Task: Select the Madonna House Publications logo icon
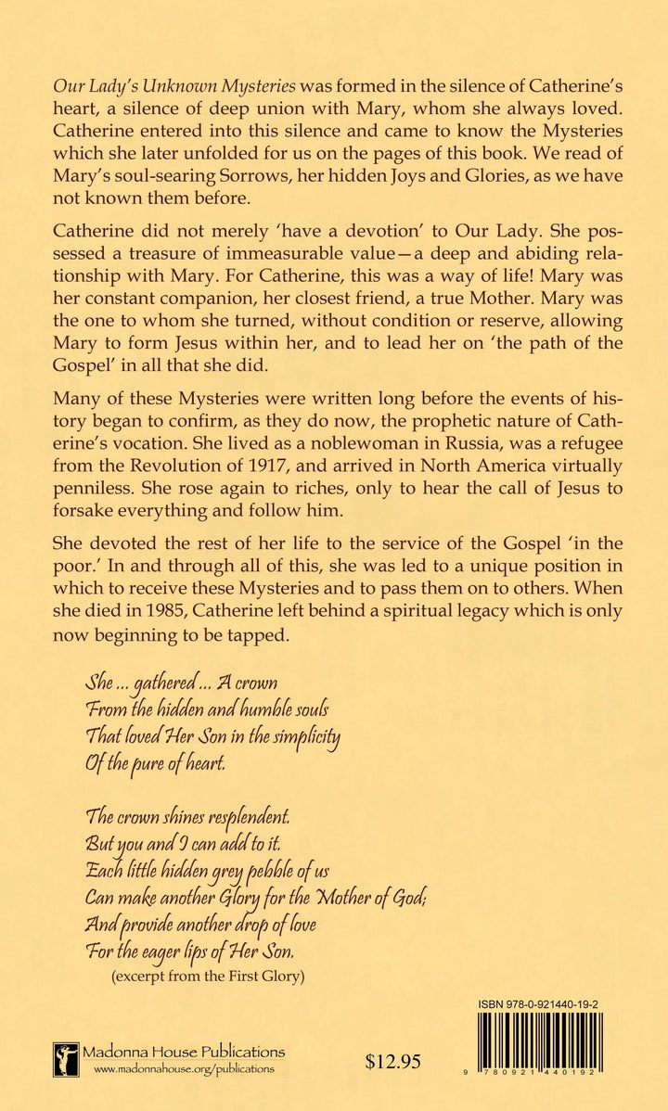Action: coord(65,1059)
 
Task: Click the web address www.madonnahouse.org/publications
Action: coord(184,1069)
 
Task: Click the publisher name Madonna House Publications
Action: coord(184,1052)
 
